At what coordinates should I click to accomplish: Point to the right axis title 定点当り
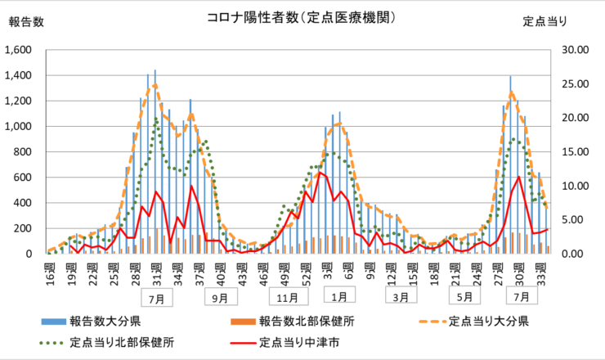pyautogui.click(x=545, y=22)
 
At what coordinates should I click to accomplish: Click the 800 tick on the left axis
pyautogui.click(x=24, y=152)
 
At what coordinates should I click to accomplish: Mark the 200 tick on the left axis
pyautogui.click(x=24, y=228)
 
